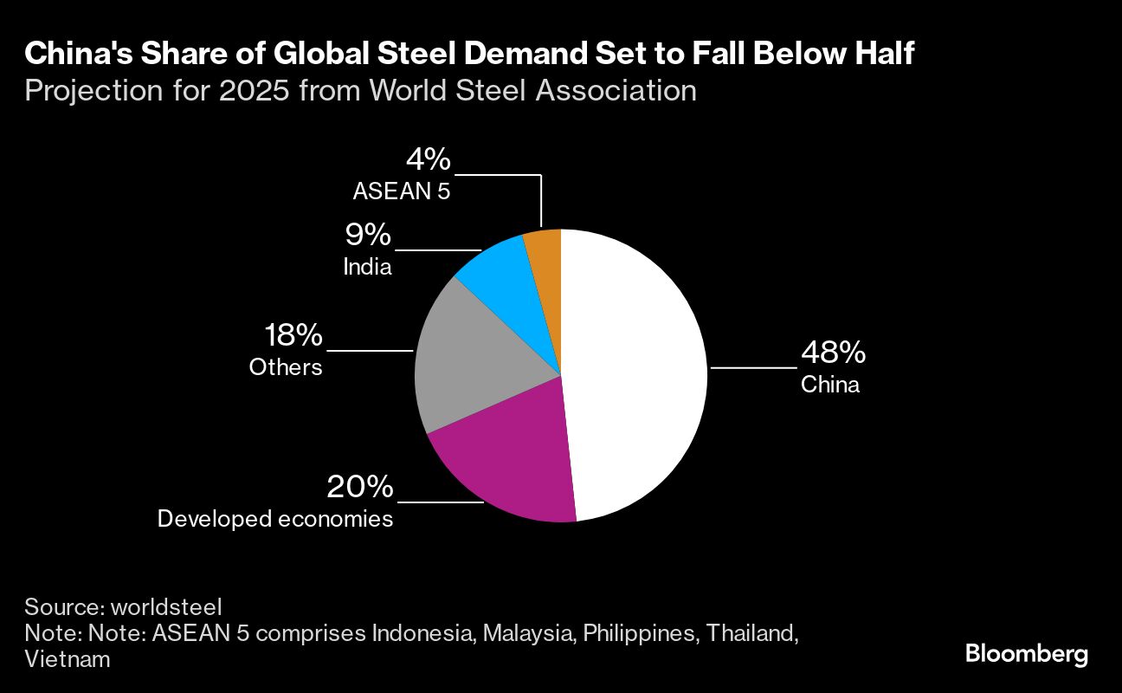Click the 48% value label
point(833,353)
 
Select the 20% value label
point(360,488)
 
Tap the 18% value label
point(293,336)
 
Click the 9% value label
point(367,235)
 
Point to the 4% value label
point(428,159)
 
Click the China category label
point(829,385)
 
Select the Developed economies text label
point(274,519)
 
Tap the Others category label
point(286,367)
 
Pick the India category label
point(367,266)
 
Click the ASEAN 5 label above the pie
point(401,191)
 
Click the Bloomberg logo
point(1026,654)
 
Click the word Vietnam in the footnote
point(67,659)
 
